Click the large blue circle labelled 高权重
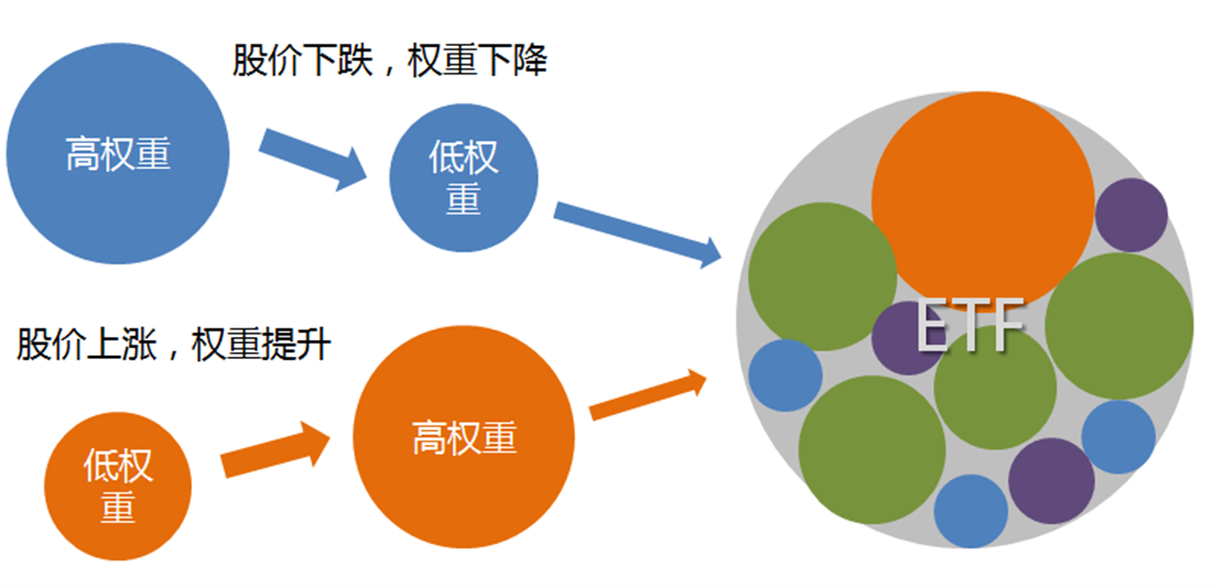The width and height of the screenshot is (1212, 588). tap(117, 153)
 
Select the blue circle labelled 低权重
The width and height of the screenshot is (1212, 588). tap(463, 178)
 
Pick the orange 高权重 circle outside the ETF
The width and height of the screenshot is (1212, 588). tap(464, 438)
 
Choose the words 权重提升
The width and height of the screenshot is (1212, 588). tap(260, 344)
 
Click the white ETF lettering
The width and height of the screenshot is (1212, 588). tap(969, 326)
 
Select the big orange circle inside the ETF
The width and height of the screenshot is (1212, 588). tap(982, 199)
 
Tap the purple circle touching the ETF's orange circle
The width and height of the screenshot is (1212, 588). tap(1132, 215)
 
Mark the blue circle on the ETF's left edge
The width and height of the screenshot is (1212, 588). tap(785, 375)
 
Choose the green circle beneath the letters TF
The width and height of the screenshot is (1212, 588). tap(995, 391)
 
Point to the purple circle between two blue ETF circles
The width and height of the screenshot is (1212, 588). tap(1051, 481)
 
